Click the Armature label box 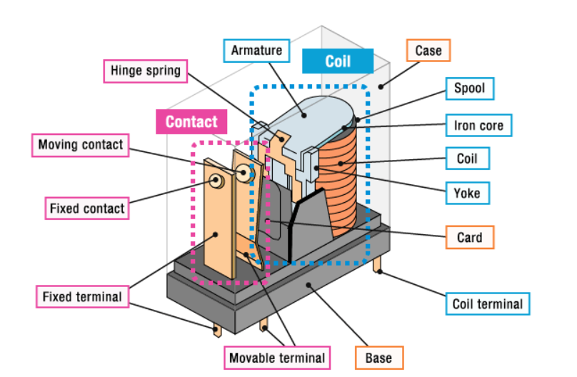tap(256, 51)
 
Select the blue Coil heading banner tap(338, 61)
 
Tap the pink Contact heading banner tap(191, 121)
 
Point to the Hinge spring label tap(146, 71)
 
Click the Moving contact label tap(81, 145)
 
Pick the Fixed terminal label tap(82, 296)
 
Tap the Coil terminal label tap(488, 304)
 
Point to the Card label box tap(469, 237)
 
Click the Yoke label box tap(467, 193)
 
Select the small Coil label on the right tap(467, 159)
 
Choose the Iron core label tap(478, 126)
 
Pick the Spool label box tap(469, 89)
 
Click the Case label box tap(428, 51)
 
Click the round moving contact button tap(245, 172)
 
